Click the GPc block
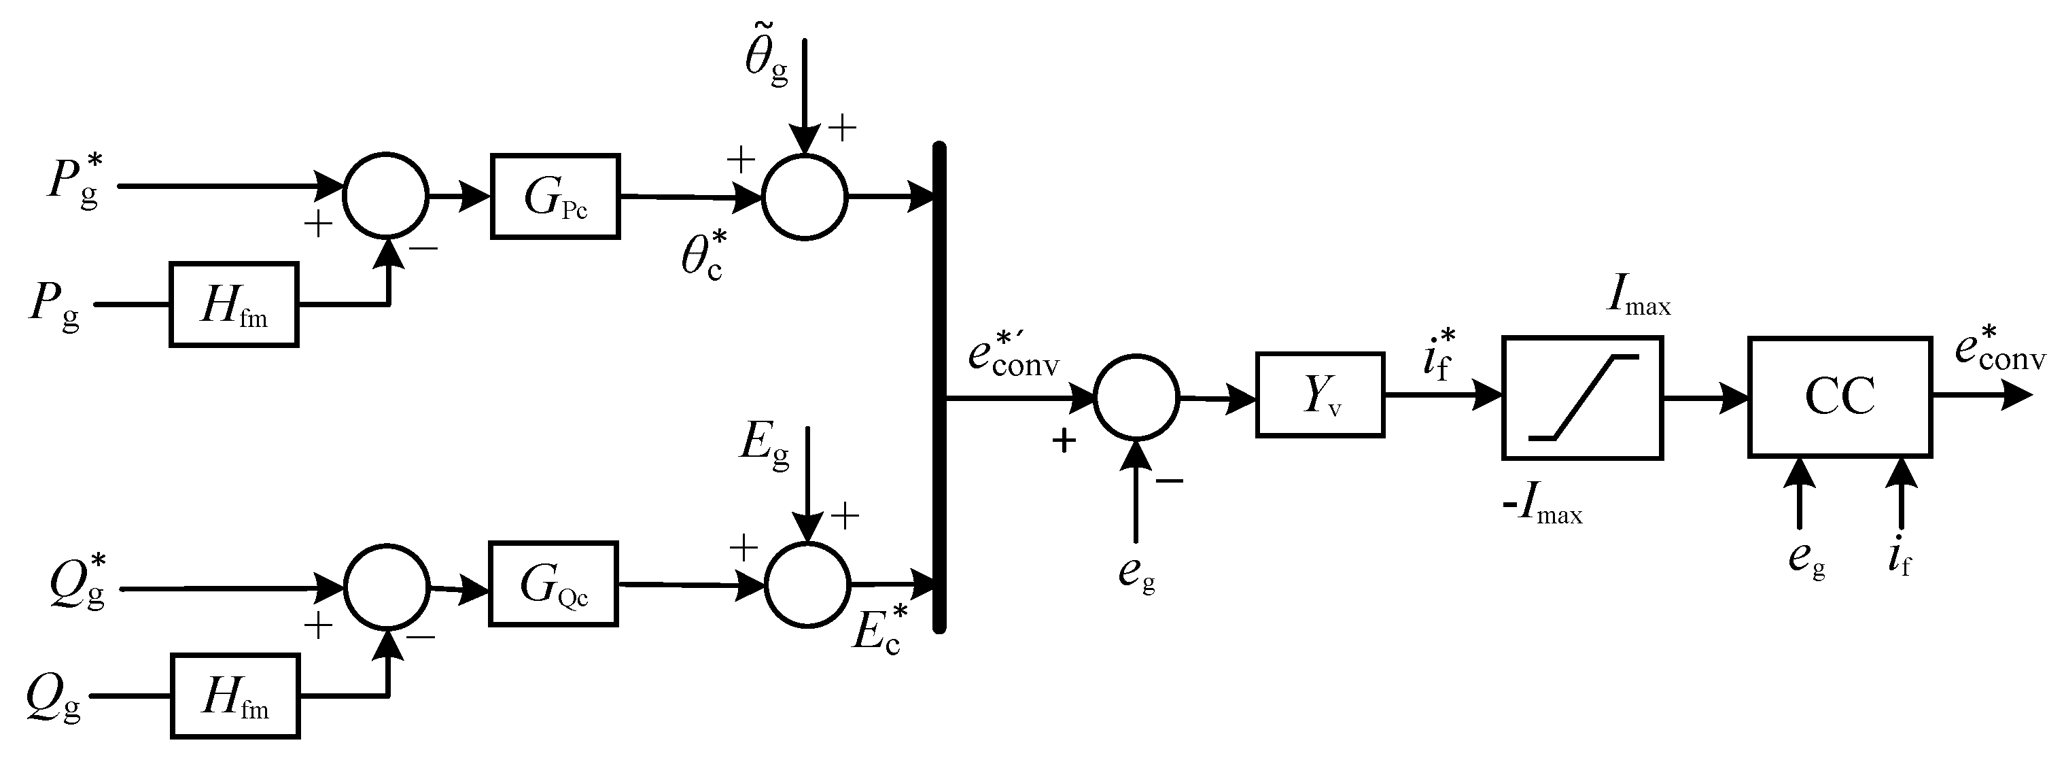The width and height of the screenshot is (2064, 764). pos(555,196)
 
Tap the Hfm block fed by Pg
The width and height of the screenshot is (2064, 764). pos(234,305)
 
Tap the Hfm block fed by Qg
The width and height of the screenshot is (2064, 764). pos(234,696)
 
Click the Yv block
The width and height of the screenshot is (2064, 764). pos(1320,395)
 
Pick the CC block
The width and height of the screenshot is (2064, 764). pos(1840,398)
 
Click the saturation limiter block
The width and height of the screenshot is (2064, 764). pos(1582,398)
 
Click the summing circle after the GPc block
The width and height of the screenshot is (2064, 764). pos(805,196)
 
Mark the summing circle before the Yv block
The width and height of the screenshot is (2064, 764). pos(1136,397)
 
